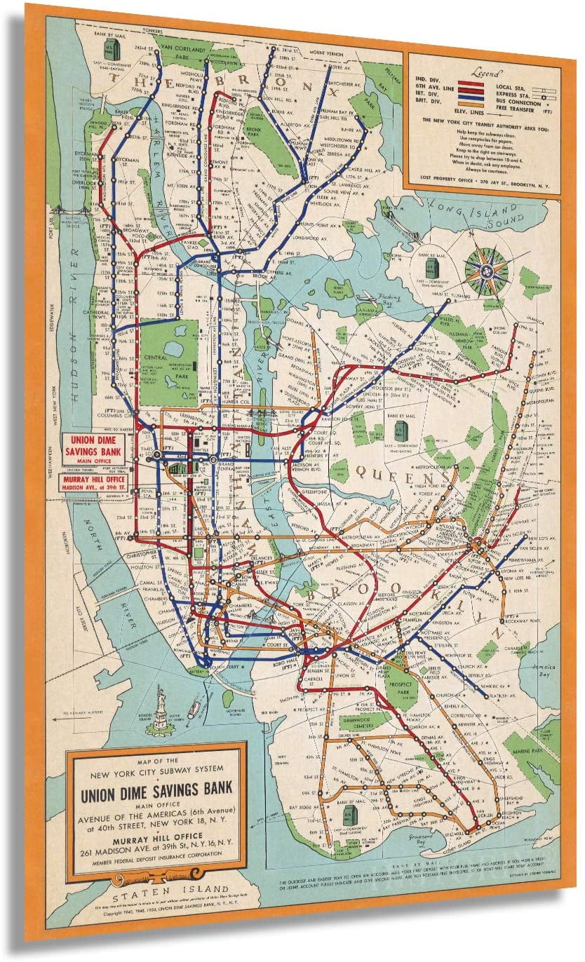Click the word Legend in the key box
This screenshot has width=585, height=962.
click(487, 73)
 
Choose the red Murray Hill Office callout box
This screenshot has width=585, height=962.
click(96, 484)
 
